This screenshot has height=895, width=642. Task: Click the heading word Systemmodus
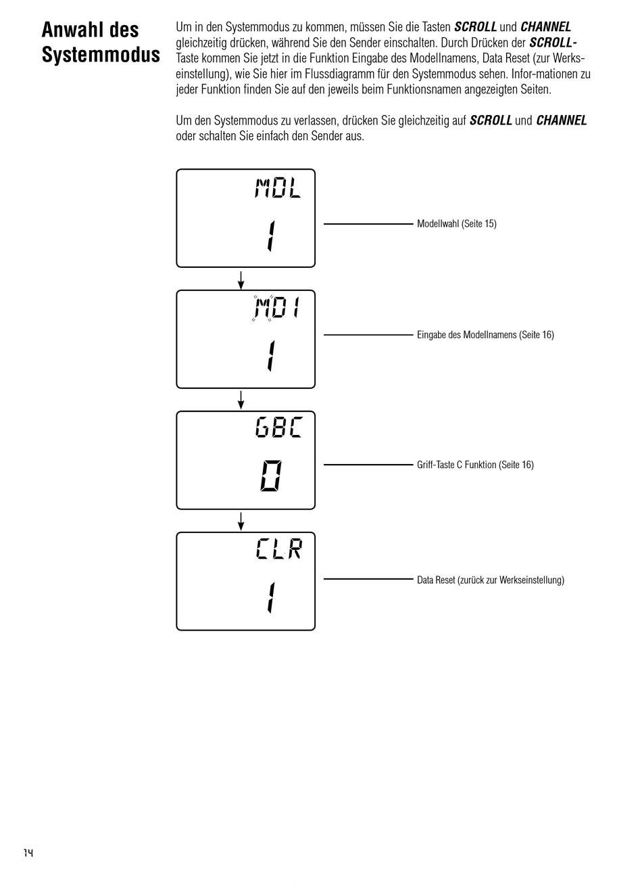[x=101, y=55]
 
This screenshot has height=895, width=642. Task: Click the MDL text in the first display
[x=277, y=187]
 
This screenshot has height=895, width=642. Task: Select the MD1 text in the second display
[x=276, y=309]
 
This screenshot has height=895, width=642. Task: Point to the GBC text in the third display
[x=278, y=428]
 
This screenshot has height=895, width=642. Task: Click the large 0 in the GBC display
[x=271, y=476]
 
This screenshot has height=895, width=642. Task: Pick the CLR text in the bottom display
[x=278, y=549]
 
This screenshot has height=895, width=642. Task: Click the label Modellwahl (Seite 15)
[x=456, y=224]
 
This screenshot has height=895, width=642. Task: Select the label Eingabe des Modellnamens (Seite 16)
[x=485, y=335]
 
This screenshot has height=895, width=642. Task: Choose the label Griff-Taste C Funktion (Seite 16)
[x=475, y=465]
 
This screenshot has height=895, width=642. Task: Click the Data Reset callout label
[x=490, y=580]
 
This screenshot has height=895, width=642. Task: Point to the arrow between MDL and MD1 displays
[x=241, y=279]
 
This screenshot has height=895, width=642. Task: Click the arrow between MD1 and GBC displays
[x=241, y=400]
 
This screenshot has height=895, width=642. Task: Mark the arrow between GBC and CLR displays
[x=241, y=521]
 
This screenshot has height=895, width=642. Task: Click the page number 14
[x=28, y=852]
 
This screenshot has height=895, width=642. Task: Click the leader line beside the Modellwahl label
[x=368, y=223]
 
